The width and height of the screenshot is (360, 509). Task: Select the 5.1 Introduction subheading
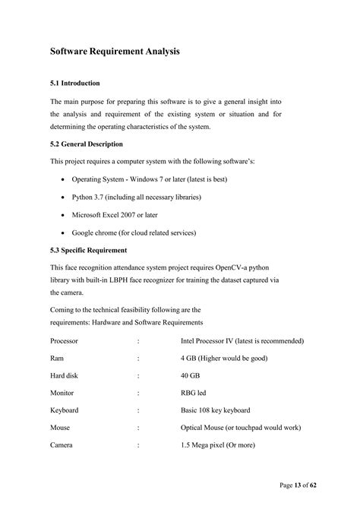coord(75,83)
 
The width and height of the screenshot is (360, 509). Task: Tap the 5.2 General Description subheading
coord(86,144)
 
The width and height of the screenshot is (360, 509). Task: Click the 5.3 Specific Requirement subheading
coord(88,249)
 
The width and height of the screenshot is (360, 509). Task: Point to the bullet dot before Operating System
coord(62,179)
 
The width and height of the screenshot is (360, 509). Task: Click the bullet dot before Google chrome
coord(62,232)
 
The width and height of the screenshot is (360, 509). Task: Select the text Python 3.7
coord(90,197)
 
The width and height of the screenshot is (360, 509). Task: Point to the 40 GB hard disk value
coord(191,376)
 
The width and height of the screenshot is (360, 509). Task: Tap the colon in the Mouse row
coord(138,428)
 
